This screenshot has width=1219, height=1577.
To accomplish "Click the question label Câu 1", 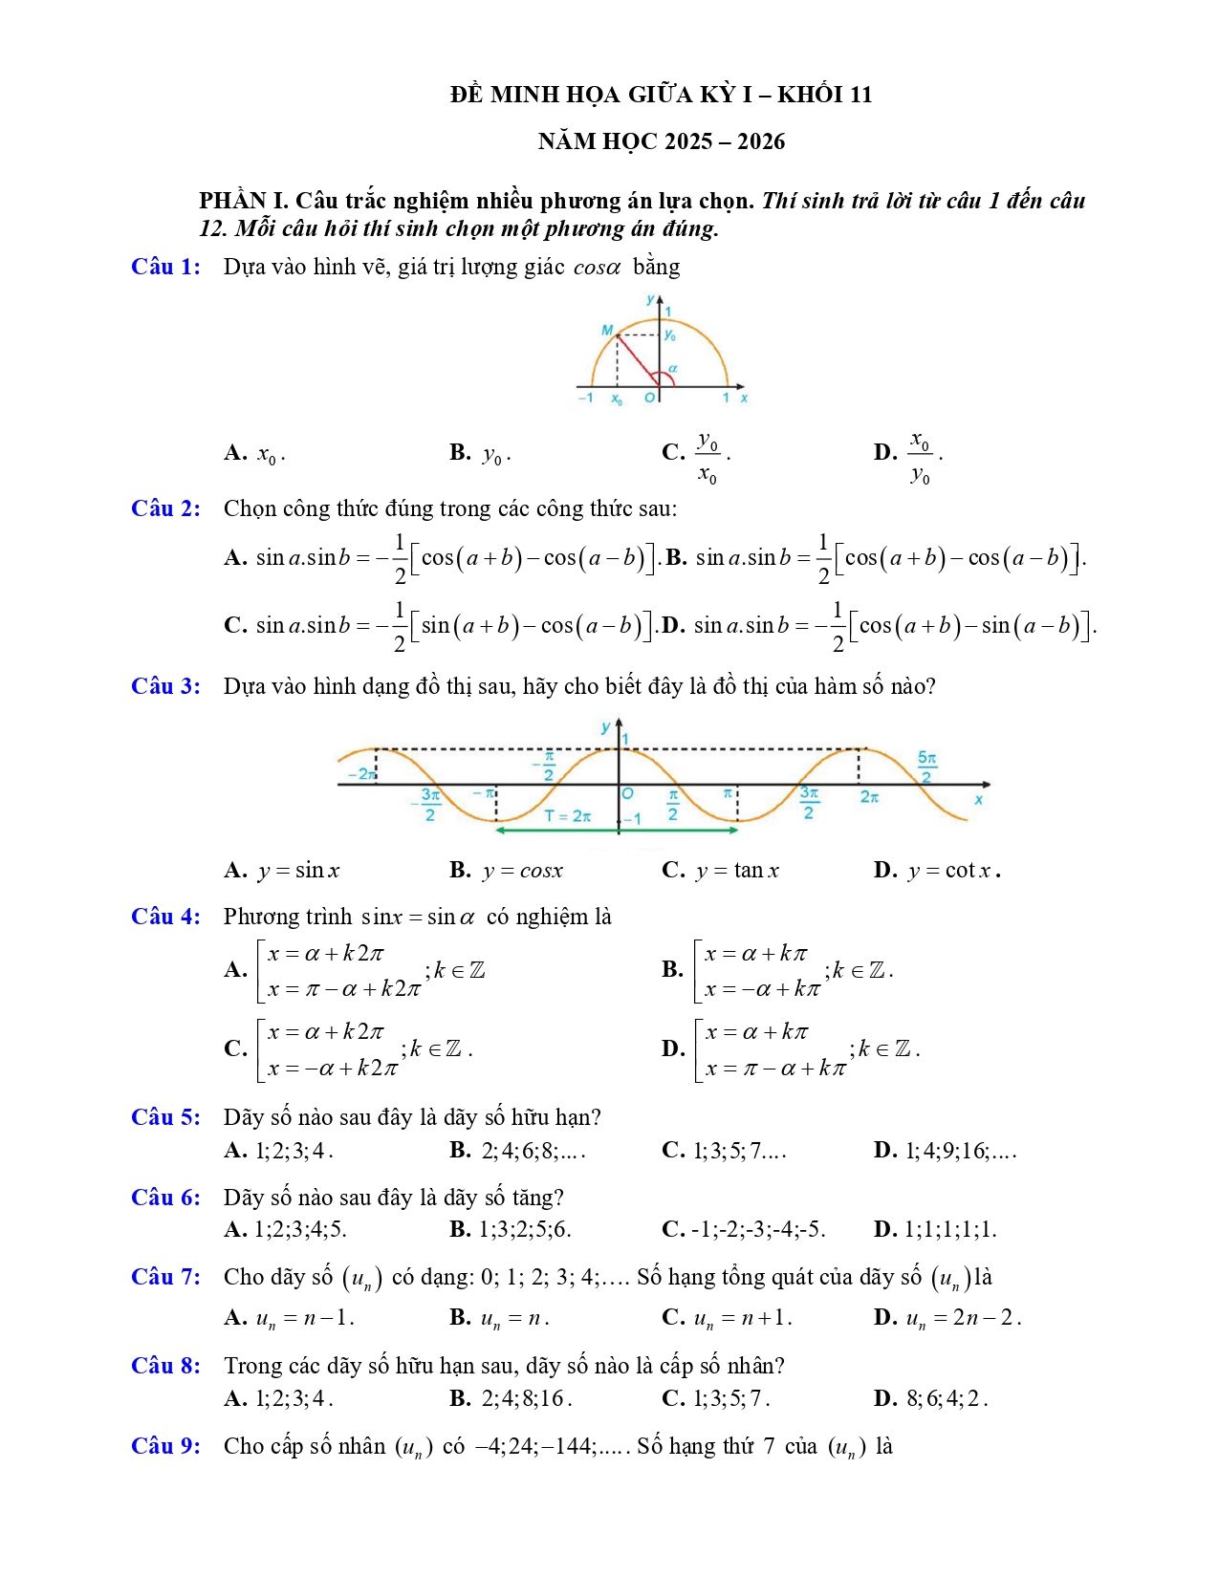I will point(165,267).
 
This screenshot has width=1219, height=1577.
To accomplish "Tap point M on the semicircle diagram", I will point(607,331).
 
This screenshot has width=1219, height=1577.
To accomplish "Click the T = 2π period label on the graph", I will point(567,816).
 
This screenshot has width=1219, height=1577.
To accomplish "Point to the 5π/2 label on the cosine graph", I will point(926,767).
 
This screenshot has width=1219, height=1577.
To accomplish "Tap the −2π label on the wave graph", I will point(361,774).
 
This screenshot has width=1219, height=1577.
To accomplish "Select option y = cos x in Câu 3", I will point(521,871).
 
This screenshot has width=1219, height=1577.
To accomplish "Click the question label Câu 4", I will point(165,917).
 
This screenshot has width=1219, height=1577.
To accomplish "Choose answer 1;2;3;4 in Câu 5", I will point(294,1150).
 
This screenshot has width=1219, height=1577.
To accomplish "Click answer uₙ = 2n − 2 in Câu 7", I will point(963,1318).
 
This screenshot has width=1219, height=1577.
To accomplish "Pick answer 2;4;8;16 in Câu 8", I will point(526,1398).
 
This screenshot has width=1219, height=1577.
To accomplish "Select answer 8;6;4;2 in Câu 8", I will point(946,1398).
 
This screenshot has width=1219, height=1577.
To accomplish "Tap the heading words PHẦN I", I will point(243,201).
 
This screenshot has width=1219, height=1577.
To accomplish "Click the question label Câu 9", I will point(165,1446).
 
